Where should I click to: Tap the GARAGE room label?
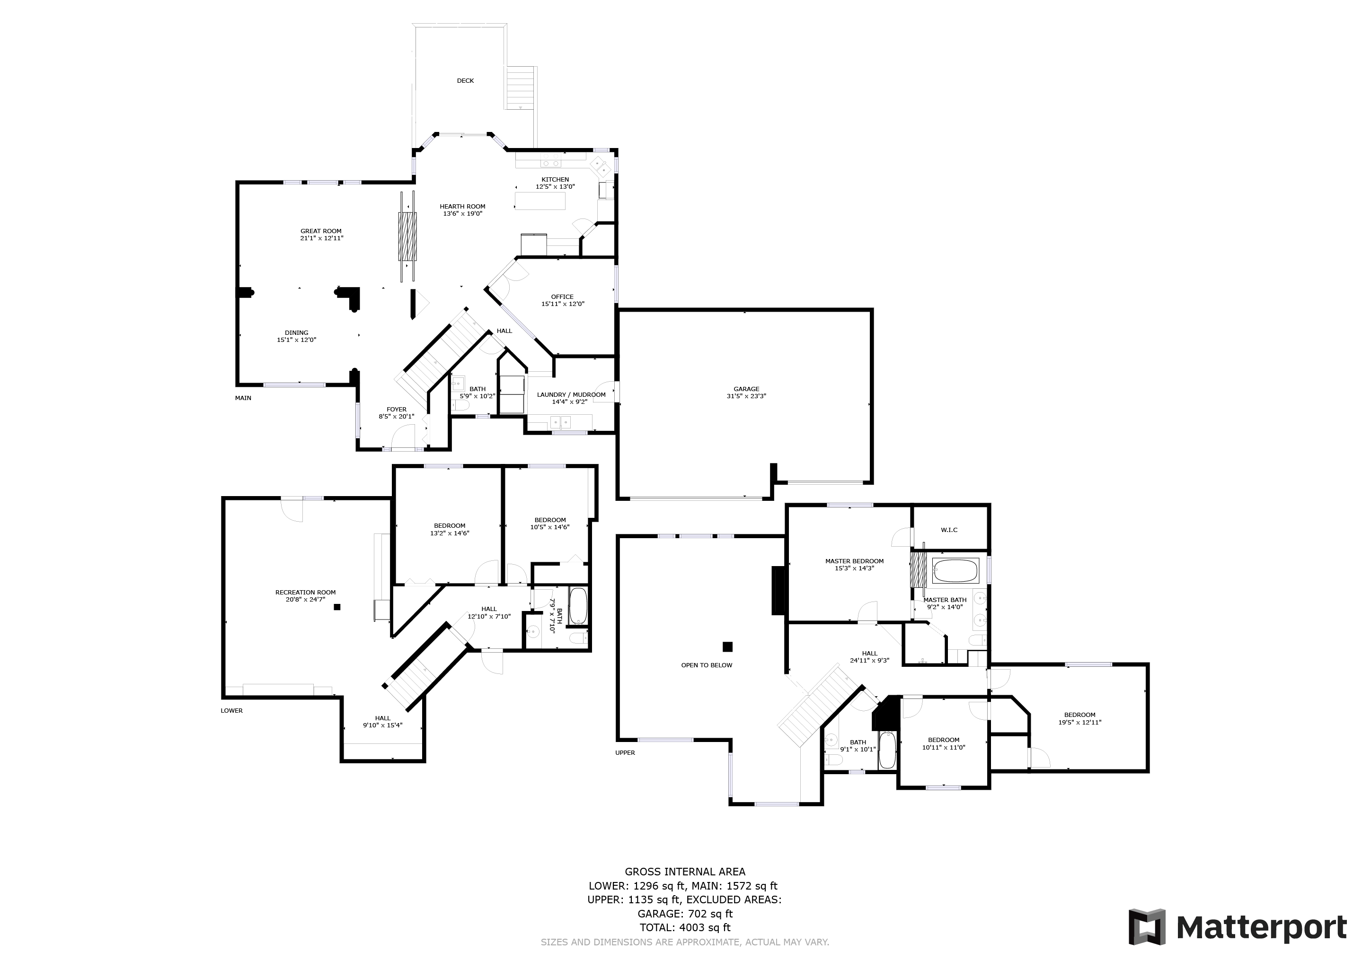(x=746, y=389)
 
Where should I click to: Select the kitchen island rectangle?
(x=540, y=201)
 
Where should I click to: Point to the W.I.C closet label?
(x=949, y=530)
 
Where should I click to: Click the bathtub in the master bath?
(x=955, y=571)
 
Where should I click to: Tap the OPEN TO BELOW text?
(x=707, y=665)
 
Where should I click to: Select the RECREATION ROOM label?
(x=305, y=593)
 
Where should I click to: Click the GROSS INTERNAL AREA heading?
(x=685, y=872)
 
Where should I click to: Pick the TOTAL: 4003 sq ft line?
(x=685, y=928)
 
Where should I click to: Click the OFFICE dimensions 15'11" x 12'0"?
(x=563, y=304)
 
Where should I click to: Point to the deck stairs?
(x=520, y=87)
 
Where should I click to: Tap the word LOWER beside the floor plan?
(x=232, y=711)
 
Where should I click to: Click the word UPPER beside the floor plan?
(x=625, y=753)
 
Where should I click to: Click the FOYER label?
(x=397, y=410)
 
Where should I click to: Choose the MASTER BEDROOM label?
(x=854, y=561)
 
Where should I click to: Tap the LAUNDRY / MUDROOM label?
(x=571, y=395)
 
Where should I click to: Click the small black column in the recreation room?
(x=337, y=607)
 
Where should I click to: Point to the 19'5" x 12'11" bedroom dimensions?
(x=1079, y=723)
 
